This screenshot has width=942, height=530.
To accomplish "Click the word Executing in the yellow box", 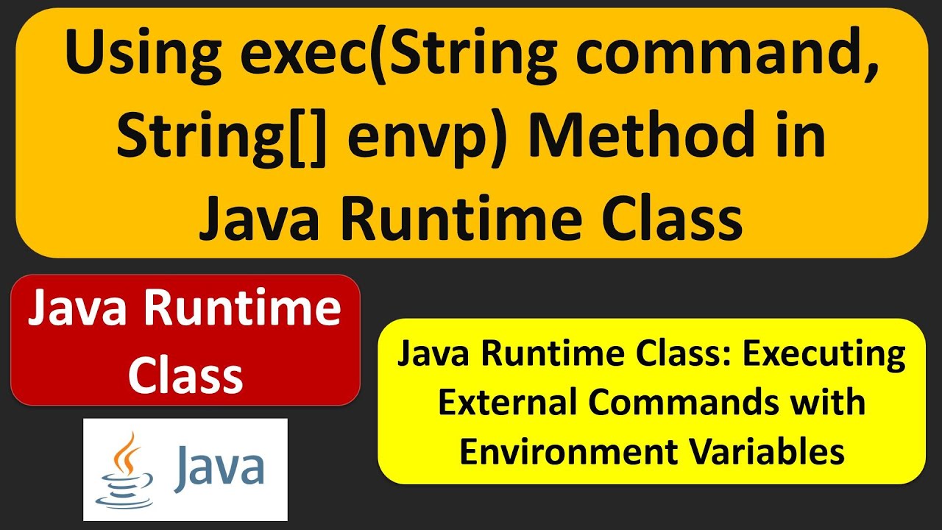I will tap(824, 355).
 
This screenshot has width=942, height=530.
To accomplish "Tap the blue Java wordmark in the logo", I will tap(219, 467).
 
